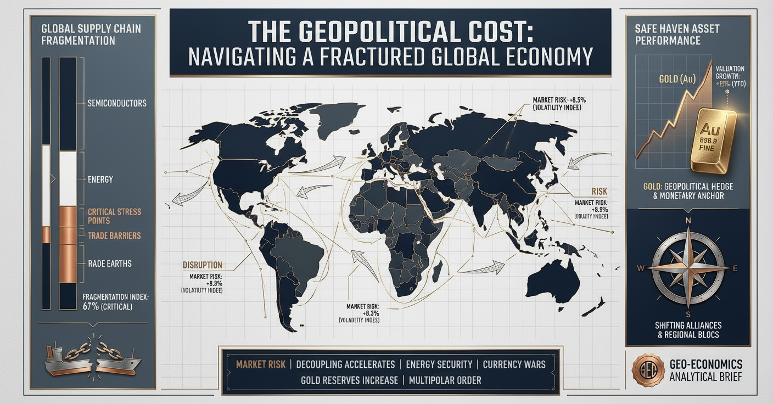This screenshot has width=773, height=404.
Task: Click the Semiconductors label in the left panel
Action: [117, 103]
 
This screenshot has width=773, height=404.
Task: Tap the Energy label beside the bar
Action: [100, 179]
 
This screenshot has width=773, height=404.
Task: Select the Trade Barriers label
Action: [114, 235]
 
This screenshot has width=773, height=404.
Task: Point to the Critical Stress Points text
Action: [114, 216]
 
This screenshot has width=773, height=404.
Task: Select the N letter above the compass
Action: [687, 222]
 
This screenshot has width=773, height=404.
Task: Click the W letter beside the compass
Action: [640, 268]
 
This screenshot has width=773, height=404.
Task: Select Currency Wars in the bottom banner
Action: [514, 364]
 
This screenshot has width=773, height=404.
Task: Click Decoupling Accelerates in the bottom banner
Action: [345, 364]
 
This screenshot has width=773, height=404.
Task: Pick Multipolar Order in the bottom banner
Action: [445, 380]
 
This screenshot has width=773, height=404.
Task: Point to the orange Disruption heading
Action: [202, 265]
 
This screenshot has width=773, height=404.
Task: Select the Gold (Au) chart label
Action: [677, 79]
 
